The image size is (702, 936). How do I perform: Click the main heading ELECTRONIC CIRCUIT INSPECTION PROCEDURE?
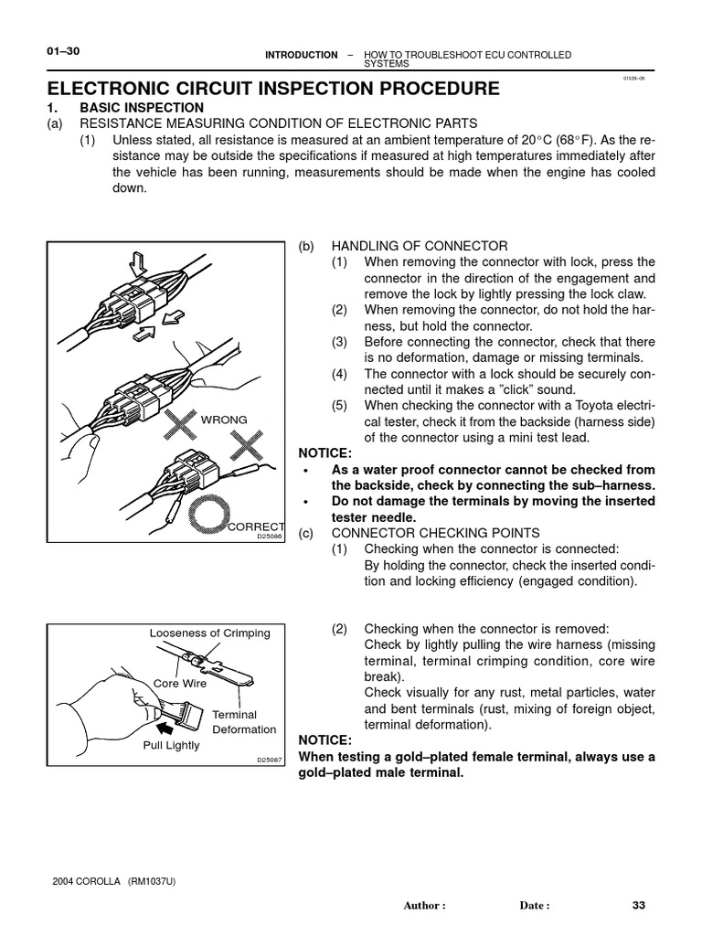point(273,89)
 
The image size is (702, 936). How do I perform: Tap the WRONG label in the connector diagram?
point(224,420)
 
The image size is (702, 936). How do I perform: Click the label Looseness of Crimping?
point(209,633)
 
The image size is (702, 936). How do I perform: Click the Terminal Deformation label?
point(243,722)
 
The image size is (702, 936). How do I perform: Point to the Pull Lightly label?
point(171,745)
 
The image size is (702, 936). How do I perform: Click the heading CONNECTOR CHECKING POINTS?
point(437,533)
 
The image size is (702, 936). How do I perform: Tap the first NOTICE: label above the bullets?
point(325,452)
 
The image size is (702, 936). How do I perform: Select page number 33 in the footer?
point(639,906)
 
